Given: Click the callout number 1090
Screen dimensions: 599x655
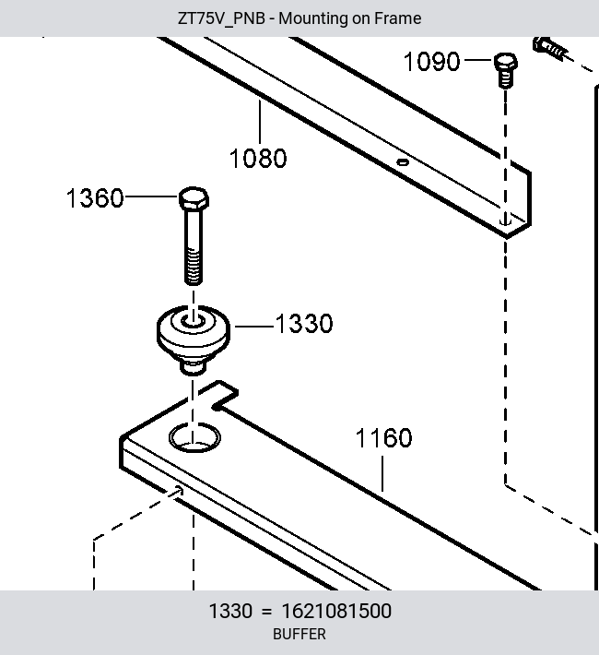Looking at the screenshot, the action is [x=431, y=62].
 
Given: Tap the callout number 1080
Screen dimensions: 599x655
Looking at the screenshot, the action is [x=258, y=159].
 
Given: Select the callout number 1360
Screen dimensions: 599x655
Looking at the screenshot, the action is [x=95, y=197].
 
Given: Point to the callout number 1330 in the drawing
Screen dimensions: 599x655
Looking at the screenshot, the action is [x=304, y=323].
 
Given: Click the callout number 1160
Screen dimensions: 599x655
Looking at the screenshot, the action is [x=383, y=438].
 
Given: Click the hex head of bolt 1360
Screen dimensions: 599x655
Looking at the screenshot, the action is [x=194, y=198].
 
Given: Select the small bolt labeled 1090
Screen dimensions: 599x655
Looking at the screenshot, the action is [x=506, y=70].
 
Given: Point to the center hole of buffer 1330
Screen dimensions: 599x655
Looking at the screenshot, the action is [x=194, y=321].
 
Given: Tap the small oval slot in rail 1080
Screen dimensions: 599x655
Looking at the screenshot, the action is [x=403, y=162].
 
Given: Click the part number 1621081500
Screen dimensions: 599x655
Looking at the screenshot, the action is [x=336, y=611].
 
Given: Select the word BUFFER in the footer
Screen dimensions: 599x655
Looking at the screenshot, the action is [x=299, y=634].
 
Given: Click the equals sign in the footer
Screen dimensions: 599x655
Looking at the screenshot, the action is [x=266, y=612].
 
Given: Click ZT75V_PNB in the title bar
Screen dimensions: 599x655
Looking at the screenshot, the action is [x=221, y=18].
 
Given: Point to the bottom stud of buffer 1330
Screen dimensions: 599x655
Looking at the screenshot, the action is [x=193, y=367].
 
